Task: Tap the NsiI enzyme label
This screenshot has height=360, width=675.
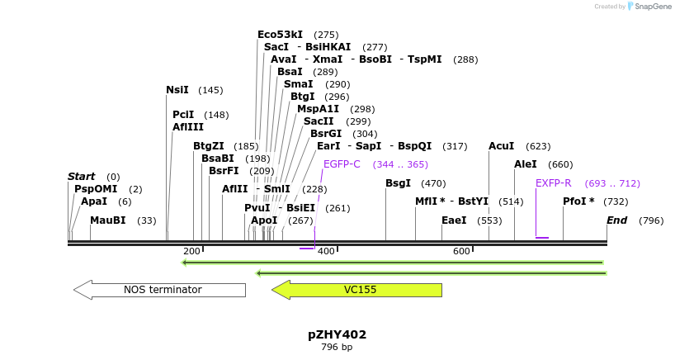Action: coord(177,90)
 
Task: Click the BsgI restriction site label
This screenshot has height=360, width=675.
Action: coord(398,183)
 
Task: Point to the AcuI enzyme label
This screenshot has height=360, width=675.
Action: coord(501,146)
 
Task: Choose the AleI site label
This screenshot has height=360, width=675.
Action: coord(526,164)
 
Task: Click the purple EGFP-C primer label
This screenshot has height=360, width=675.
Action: coord(342,164)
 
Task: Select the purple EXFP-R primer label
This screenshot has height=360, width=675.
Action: coord(553,183)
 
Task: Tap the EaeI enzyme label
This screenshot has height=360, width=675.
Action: coord(454,220)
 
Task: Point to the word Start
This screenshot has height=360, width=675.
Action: coord(82,177)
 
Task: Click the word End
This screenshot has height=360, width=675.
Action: coord(617,220)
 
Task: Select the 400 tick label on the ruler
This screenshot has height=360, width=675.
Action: coord(325,251)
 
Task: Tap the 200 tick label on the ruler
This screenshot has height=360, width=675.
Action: coord(191,251)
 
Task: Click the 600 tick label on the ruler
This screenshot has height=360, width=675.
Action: coord(460,251)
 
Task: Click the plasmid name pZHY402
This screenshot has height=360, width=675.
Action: coord(337,334)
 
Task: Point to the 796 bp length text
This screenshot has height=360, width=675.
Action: coord(337,348)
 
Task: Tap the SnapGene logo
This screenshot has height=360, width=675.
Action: coord(646,7)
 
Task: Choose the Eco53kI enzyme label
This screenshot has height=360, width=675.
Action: coord(280,35)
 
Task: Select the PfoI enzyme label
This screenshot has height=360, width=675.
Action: coord(578,201)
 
